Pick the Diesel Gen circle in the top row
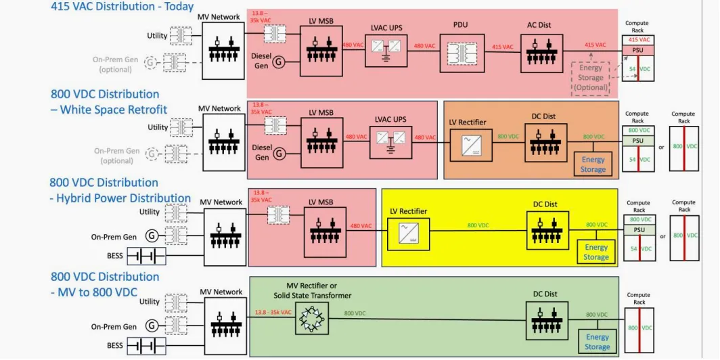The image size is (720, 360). (x=279, y=62)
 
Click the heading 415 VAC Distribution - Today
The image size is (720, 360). (x=122, y=7)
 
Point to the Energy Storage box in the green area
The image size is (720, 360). (x=598, y=342)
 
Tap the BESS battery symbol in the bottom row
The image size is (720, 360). (x=147, y=346)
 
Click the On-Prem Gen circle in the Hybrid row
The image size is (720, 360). (x=152, y=236)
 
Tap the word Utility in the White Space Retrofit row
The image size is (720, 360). (x=158, y=127)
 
